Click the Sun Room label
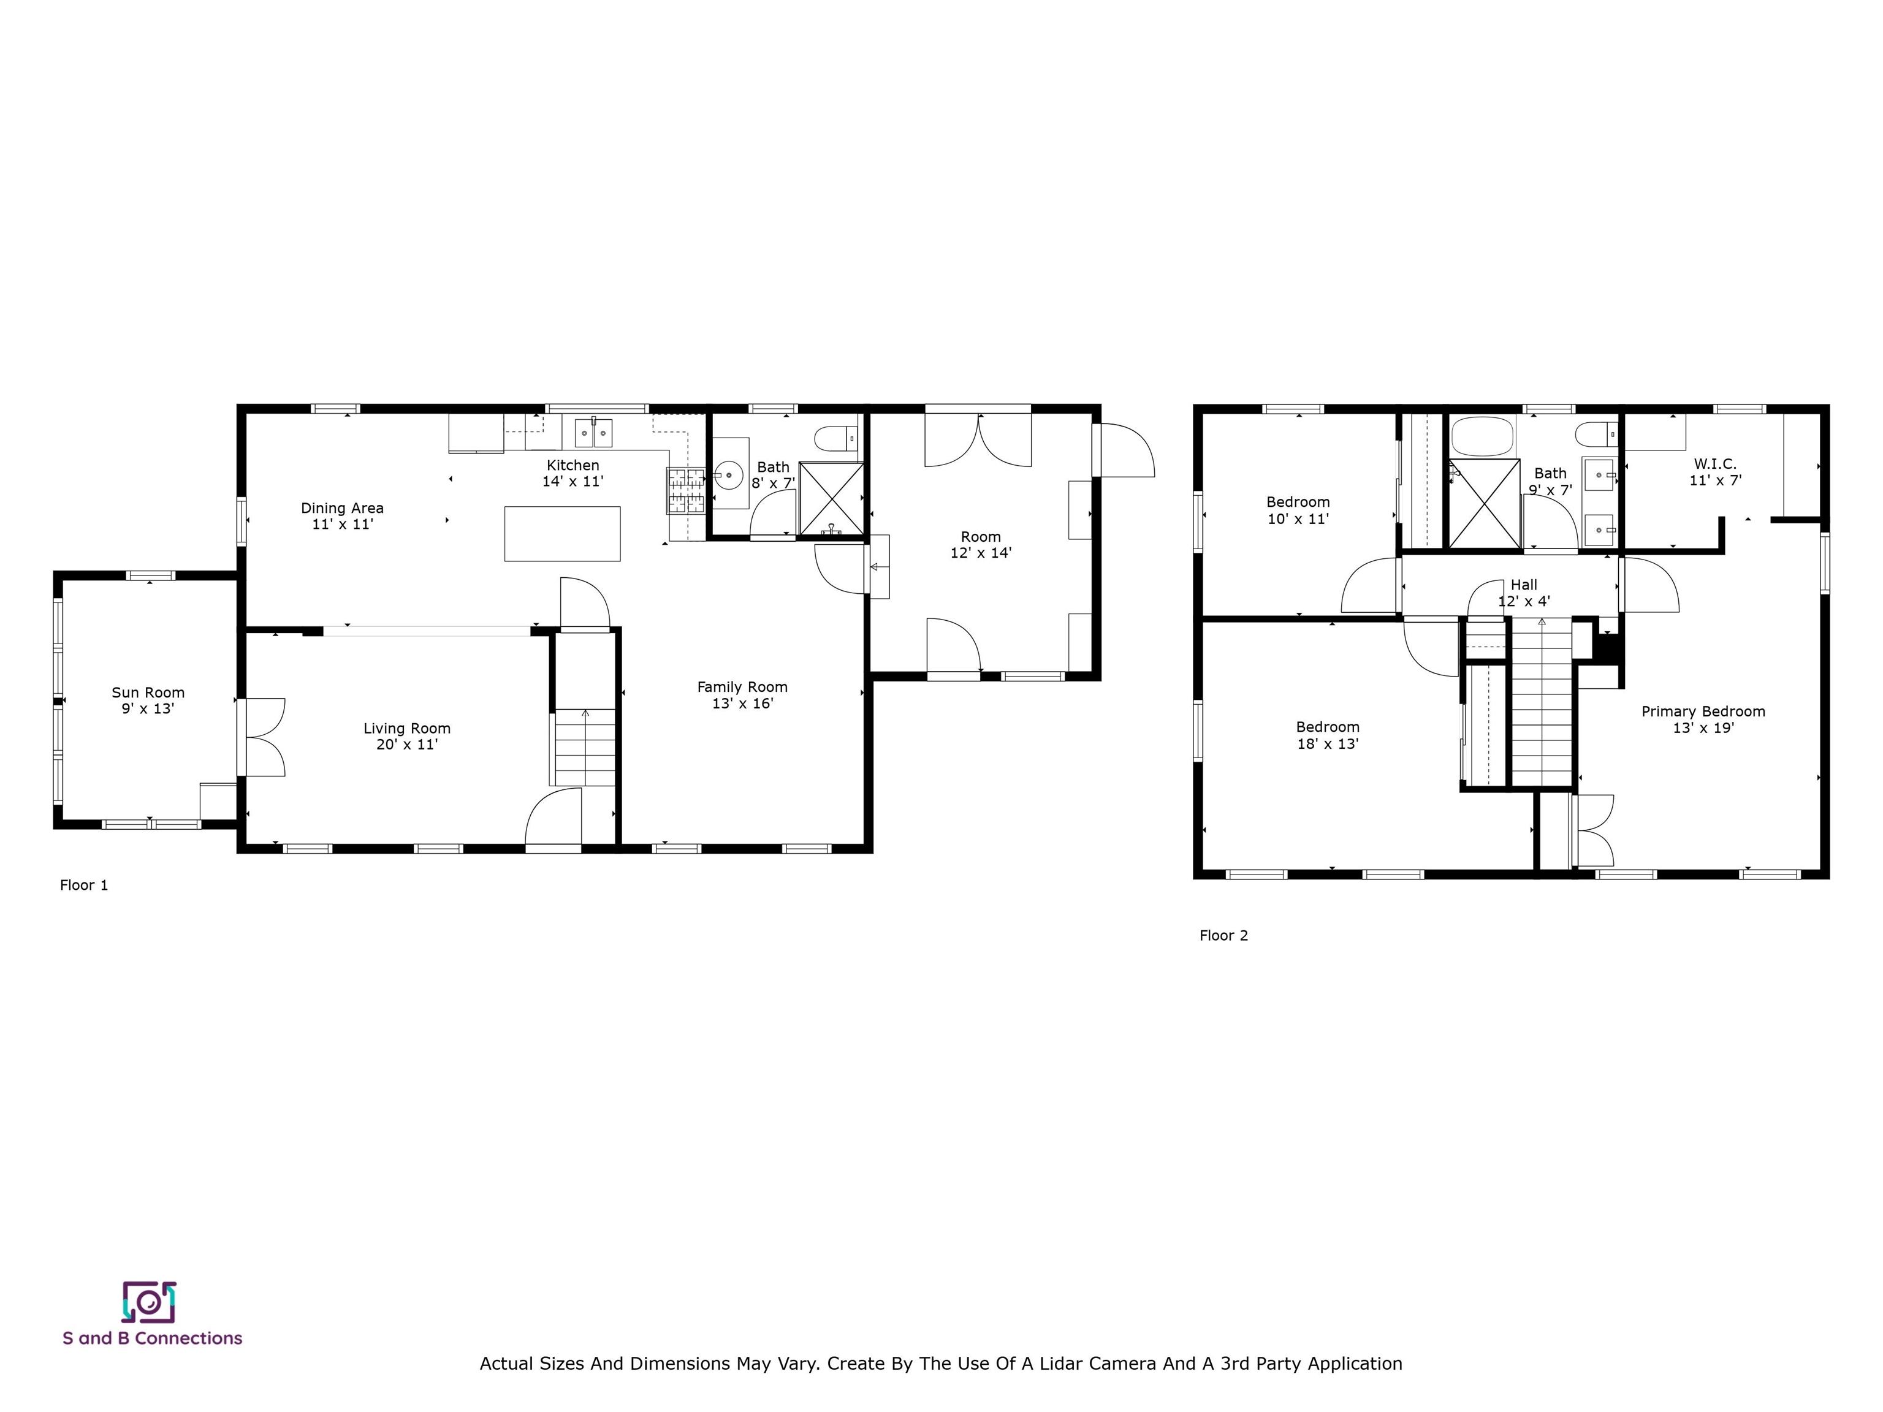(x=148, y=693)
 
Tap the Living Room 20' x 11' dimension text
(x=407, y=745)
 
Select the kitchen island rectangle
(x=562, y=534)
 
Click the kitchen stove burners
(x=686, y=491)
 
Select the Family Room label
(x=742, y=687)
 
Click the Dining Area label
(x=342, y=508)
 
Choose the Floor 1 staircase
(x=585, y=747)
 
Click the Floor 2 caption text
(x=1223, y=935)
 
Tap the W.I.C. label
(x=1715, y=464)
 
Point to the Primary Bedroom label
(x=1703, y=712)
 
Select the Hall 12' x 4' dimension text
(x=1524, y=601)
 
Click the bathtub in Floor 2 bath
(x=1483, y=436)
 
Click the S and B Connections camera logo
(x=149, y=1302)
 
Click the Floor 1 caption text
(x=83, y=885)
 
